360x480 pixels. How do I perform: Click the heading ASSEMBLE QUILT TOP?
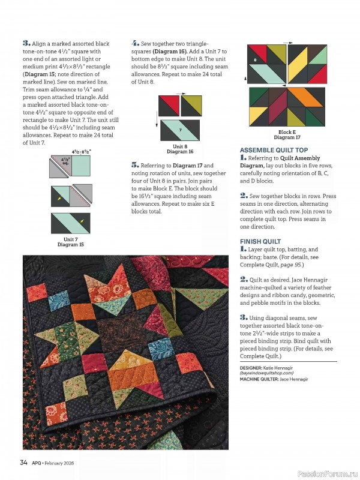click(x=274, y=150)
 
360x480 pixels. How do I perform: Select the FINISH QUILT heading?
click(x=260, y=242)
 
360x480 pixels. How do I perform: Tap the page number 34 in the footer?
click(x=23, y=463)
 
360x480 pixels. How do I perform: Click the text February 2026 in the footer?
click(x=62, y=463)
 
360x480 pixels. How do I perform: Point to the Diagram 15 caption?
click(x=70, y=245)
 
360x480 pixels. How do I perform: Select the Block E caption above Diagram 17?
click(x=287, y=132)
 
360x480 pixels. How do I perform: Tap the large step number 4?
click(x=135, y=43)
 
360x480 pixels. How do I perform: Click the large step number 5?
click(x=135, y=165)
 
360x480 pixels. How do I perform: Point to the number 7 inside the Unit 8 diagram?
click(x=180, y=130)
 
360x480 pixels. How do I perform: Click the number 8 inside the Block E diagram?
click(x=254, y=60)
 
